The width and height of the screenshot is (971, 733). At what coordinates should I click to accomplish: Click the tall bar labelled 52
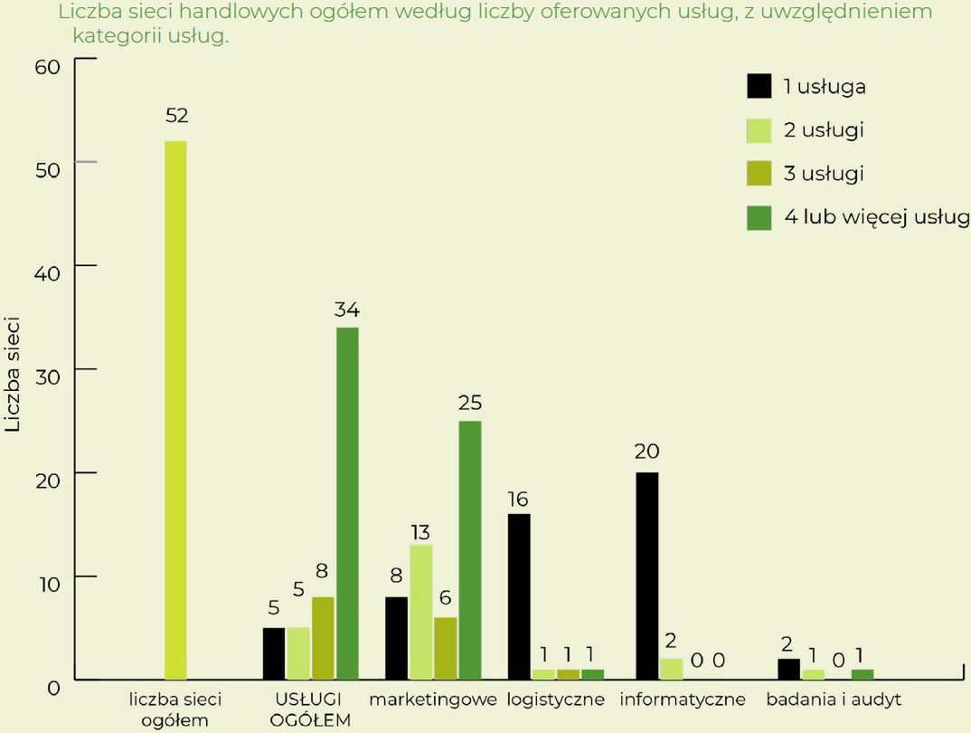pos(175,409)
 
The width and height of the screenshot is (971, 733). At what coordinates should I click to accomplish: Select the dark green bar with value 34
pos(347,502)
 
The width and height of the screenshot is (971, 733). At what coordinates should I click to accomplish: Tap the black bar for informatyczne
pos(647,576)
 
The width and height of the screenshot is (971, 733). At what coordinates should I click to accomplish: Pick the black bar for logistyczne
pos(519,596)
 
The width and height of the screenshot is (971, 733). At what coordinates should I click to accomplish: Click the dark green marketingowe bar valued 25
pos(470,549)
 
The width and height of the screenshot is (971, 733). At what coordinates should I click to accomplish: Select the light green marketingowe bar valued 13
pos(421,612)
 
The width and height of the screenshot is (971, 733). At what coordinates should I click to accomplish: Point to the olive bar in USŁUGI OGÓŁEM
pos(323,638)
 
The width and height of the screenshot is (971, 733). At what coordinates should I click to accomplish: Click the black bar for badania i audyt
pos(789,669)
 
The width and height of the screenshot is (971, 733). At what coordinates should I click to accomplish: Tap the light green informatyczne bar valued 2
pos(671,669)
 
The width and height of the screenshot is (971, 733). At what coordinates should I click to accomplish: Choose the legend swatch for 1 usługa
pos(759,87)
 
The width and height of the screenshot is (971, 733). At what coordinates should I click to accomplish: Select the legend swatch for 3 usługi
pos(759,174)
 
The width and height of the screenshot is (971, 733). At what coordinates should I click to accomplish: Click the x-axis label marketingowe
pos(433,700)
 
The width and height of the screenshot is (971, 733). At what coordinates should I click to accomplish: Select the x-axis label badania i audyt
pos(833,700)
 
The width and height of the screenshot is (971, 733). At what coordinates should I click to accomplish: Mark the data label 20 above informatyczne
pos(646,451)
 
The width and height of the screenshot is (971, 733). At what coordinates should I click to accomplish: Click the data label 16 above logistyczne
pos(518,499)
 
